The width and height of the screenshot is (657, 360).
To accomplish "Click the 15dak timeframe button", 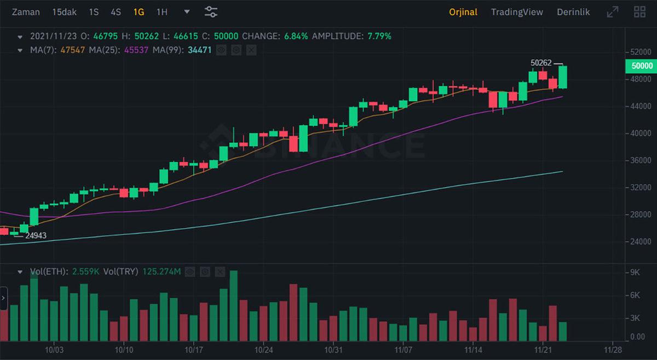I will point(64,12).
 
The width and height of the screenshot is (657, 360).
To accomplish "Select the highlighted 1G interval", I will point(139,12).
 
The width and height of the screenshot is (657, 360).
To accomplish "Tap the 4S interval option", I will point(116,12).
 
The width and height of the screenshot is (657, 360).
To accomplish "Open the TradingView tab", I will point(517,12).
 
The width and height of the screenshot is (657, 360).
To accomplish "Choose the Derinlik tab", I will point(573,12).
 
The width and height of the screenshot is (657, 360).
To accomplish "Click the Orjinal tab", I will point(463,12).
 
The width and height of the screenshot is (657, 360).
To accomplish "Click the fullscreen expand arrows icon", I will point(613,12).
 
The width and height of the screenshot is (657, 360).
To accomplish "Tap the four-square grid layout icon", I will point(639,12).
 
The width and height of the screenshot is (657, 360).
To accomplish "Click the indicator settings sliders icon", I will point(211,12).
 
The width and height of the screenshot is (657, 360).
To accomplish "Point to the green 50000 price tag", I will point(641,66).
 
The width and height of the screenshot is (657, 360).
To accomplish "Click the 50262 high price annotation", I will point(541,63).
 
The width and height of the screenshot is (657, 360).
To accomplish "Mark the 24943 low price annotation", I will point(36,236).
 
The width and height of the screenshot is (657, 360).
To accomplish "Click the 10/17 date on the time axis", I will point(194,350).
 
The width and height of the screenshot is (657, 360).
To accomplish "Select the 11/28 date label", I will point(612,350).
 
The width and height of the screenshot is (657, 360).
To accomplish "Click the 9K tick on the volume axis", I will point(635,272).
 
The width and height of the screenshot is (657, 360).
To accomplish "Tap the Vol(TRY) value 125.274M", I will point(162,271).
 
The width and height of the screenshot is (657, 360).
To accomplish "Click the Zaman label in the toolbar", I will point(26,12).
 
